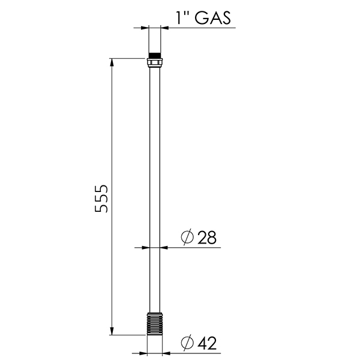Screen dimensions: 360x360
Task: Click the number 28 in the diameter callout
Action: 206,238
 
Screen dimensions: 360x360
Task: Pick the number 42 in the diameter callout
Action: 206,343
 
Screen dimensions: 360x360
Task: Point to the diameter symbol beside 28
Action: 187,238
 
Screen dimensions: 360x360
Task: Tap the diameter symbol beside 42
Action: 187,343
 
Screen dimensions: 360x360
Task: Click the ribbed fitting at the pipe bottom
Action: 155,324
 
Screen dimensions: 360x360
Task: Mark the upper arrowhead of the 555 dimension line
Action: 111,62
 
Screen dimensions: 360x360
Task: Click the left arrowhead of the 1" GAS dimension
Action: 144,28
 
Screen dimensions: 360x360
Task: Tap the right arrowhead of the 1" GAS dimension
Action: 167,28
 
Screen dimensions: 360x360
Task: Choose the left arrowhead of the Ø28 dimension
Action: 145,247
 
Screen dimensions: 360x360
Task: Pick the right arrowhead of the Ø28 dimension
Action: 166,247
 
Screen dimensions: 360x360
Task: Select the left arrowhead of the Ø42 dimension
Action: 142,353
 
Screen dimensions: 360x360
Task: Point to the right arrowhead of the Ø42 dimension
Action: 169,353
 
